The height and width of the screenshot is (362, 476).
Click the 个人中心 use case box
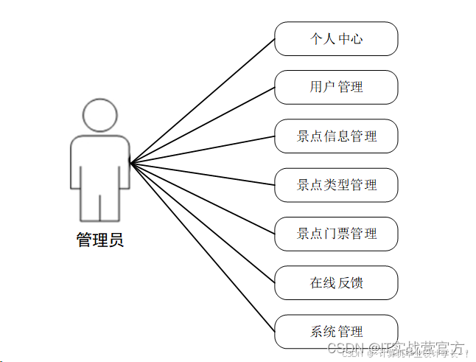pos(336,38)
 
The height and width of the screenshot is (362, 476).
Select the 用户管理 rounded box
pos(336,87)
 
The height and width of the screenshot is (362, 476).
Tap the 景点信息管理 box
pos(336,136)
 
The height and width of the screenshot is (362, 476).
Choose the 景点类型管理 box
pos(336,185)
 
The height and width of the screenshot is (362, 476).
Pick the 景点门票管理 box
pos(336,234)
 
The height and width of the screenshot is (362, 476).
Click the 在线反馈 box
pos(336,282)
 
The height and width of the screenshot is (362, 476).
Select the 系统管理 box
pos(336,332)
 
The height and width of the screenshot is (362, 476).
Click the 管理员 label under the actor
pos(100,240)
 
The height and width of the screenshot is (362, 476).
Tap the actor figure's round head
pos(100,116)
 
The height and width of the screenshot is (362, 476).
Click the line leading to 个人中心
pos(203,100)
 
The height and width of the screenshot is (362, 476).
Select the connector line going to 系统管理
pos(203,248)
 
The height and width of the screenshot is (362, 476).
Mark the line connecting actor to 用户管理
pos(203,125)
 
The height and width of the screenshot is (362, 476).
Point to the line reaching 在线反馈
pos(203,223)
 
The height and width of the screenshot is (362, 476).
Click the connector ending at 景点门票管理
pos(203,198)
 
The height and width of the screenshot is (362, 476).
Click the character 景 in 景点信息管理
pos(303,136)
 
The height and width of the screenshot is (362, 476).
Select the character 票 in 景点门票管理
pos(342,234)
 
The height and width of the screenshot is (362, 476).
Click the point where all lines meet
pos(130,162)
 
